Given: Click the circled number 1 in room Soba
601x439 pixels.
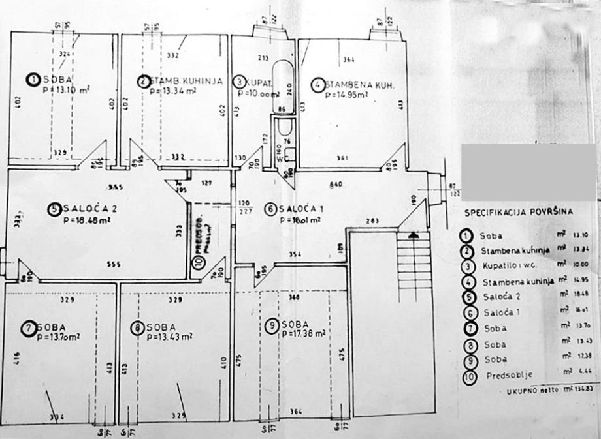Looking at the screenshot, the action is pyautogui.click(x=33, y=80).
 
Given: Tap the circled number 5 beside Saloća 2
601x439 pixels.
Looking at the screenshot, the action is pyautogui.click(x=54, y=209).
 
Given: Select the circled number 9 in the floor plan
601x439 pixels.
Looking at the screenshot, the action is pyautogui.click(x=270, y=324).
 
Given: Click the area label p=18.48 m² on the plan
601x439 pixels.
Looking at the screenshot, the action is pyautogui.click(x=88, y=220).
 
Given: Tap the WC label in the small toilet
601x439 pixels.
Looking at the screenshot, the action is pyautogui.click(x=282, y=157).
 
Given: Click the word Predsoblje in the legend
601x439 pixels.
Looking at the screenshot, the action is pyautogui.click(x=510, y=376).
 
